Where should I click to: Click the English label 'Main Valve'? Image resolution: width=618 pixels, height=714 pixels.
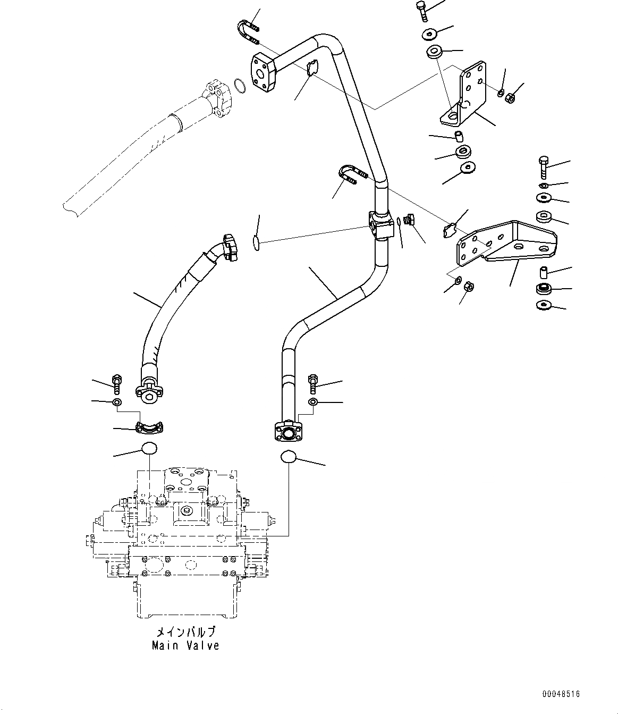tap(185, 645)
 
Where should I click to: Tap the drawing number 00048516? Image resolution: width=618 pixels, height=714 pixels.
tap(561, 694)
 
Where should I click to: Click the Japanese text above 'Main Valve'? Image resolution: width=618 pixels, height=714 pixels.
tap(185, 632)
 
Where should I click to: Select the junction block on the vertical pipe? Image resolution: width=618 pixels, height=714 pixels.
tap(380, 226)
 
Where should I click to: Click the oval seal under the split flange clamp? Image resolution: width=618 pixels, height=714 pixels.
tap(149, 448)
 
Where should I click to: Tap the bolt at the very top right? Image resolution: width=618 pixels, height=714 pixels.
tap(422, 10)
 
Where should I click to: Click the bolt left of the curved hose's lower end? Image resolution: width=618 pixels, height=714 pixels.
tap(117, 381)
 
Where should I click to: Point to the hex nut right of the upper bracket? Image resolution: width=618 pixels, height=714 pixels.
tap(507, 98)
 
